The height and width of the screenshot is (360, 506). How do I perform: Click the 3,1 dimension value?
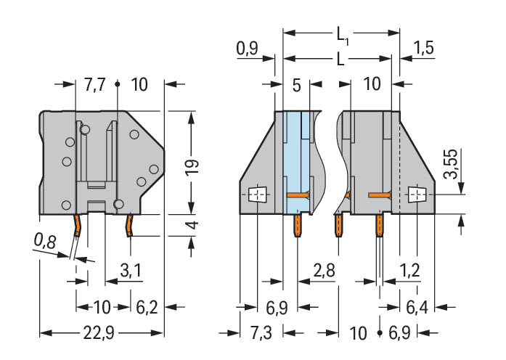(130, 271)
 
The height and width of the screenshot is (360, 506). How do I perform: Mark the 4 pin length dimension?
(190, 226)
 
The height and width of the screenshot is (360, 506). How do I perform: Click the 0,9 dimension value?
(247, 49)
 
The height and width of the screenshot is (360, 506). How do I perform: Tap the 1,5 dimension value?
(423, 49)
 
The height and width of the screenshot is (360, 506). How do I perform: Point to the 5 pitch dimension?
(295, 84)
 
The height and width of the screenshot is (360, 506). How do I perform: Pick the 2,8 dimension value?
(324, 271)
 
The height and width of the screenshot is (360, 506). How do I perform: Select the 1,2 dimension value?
(410, 271)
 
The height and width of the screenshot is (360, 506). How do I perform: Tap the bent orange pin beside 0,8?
(78, 228)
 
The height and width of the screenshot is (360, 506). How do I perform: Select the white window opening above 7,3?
(257, 195)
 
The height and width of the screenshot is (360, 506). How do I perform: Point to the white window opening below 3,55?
(416, 195)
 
